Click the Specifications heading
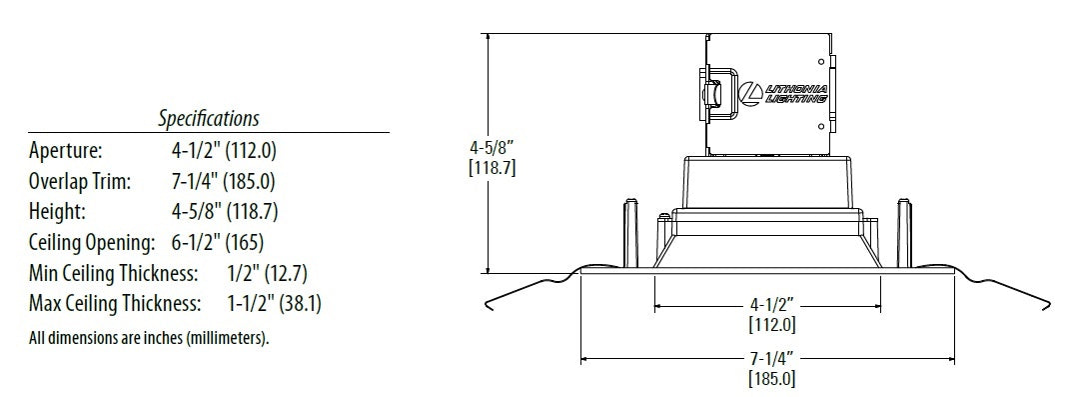tap(209, 119)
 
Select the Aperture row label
tap(66, 150)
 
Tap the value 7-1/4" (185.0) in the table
tap(224, 181)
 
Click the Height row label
tap(57, 211)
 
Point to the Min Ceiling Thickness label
tap(113, 274)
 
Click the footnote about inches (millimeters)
tap(149, 338)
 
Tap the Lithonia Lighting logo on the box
tap(784, 94)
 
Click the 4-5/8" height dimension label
tap(492, 147)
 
